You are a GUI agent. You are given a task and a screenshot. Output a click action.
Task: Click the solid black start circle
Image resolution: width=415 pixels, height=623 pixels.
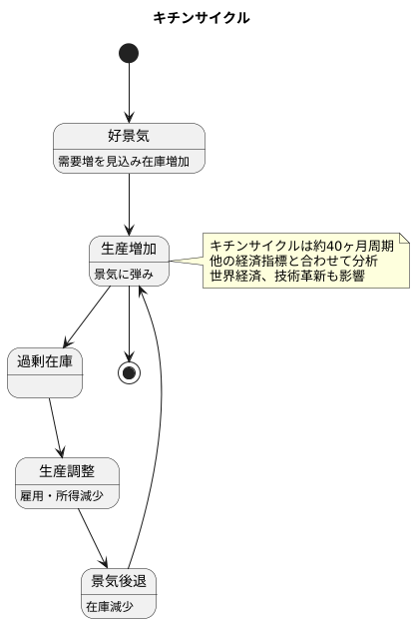(x=129, y=53)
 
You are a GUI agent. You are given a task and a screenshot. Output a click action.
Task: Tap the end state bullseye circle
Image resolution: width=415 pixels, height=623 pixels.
(x=129, y=372)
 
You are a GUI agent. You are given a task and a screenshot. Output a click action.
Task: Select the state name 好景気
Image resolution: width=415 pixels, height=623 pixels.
(x=129, y=137)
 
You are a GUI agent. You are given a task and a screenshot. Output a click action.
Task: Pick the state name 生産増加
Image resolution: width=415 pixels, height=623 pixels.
(x=129, y=249)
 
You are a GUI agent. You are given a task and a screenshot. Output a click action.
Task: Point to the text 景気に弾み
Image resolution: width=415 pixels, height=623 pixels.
(x=123, y=273)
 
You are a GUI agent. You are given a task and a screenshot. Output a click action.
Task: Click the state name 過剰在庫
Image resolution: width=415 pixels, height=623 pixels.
(x=44, y=360)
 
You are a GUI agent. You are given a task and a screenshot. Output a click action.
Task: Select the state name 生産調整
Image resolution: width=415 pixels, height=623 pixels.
(x=68, y=472)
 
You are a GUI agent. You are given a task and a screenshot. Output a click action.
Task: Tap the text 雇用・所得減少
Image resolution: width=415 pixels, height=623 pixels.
(x=67, y=496)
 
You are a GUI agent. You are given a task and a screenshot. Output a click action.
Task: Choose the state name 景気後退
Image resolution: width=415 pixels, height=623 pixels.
(x=120, y=582)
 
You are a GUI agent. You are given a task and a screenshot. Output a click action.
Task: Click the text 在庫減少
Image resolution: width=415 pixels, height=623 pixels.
(x=108, y=606)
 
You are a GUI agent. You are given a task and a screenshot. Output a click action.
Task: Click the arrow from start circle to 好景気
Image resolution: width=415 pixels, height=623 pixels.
(x=129, y=92)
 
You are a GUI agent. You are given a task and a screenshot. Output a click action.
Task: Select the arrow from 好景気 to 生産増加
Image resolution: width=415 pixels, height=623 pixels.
(x=129, y=204)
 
